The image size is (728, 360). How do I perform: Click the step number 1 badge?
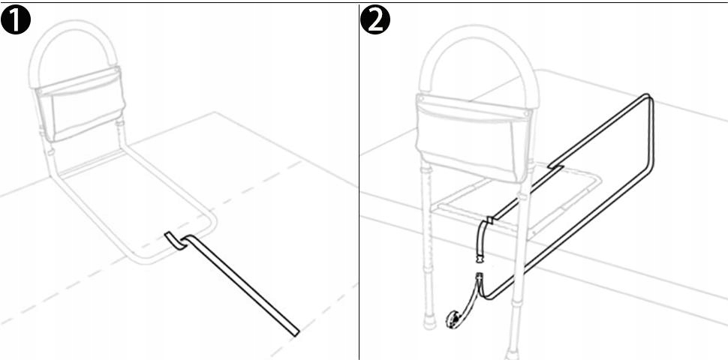(16, 20)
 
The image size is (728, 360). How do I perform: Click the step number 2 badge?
(375, 20)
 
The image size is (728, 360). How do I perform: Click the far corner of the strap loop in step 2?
(649, 100)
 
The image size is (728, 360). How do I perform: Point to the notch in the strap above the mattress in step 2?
(555, 163)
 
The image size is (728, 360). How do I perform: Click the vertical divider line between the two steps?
(359, 180)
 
